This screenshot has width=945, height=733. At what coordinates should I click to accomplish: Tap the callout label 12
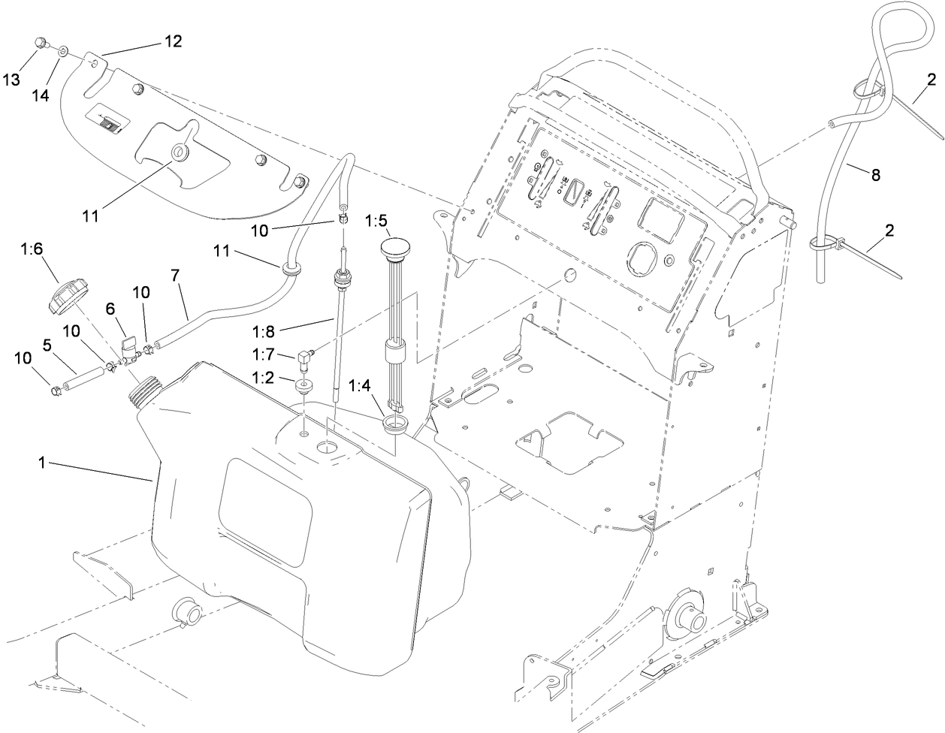tap(172, 42)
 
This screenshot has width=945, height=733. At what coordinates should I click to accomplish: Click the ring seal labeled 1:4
tap(395, 426)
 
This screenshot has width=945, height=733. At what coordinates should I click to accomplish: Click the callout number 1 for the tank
tap(43, 464)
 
